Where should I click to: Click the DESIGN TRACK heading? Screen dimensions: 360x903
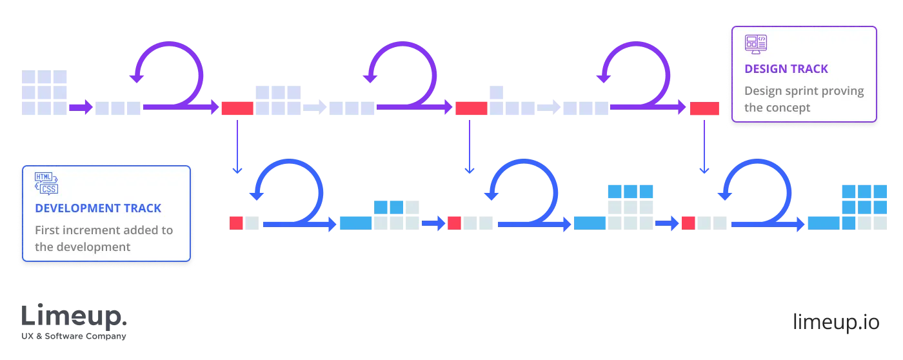click(786, 69)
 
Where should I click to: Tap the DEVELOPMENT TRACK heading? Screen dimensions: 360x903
click(98, 208)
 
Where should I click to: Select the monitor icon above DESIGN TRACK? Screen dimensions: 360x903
click(755, 45)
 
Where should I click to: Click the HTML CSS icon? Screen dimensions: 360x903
click(46, 183)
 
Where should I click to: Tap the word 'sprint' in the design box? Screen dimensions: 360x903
click(800, 91)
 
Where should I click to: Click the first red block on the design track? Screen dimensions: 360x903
click(237, 108)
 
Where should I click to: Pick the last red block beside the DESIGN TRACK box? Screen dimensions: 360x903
click(704, 108)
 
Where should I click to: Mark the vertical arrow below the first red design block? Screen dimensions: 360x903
click(237, 146)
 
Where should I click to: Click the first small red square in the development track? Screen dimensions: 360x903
click(236, 223)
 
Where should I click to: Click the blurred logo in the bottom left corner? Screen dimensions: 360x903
click(74, 321)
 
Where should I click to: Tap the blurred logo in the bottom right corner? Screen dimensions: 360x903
click(835, 321)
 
